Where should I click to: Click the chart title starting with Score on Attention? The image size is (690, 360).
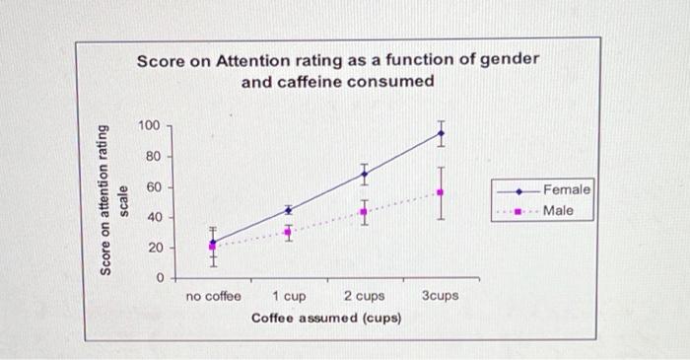[337, 70]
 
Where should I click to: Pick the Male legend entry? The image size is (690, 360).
[558, 210]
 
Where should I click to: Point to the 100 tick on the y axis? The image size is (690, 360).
[148, 126]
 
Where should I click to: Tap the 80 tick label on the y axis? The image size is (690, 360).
[152, 157]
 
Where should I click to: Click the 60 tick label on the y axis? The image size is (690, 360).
[152, 187]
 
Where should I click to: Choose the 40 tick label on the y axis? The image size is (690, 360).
[152, 217]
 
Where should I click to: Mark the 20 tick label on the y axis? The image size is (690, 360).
[152, 248]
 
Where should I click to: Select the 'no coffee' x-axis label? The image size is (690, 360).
[213, 296]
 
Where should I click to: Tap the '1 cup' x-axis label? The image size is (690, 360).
[288, 296]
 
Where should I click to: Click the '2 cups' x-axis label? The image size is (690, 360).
[364, 296]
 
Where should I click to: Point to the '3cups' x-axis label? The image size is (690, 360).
[440, 296]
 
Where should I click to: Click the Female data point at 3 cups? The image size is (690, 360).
[441, 133]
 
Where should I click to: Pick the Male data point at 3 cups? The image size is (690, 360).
[441, 192]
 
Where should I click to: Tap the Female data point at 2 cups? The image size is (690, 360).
[364, 175]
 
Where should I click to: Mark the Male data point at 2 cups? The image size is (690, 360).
[364, 212]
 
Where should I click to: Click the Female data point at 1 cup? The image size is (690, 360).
[288, 209]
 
